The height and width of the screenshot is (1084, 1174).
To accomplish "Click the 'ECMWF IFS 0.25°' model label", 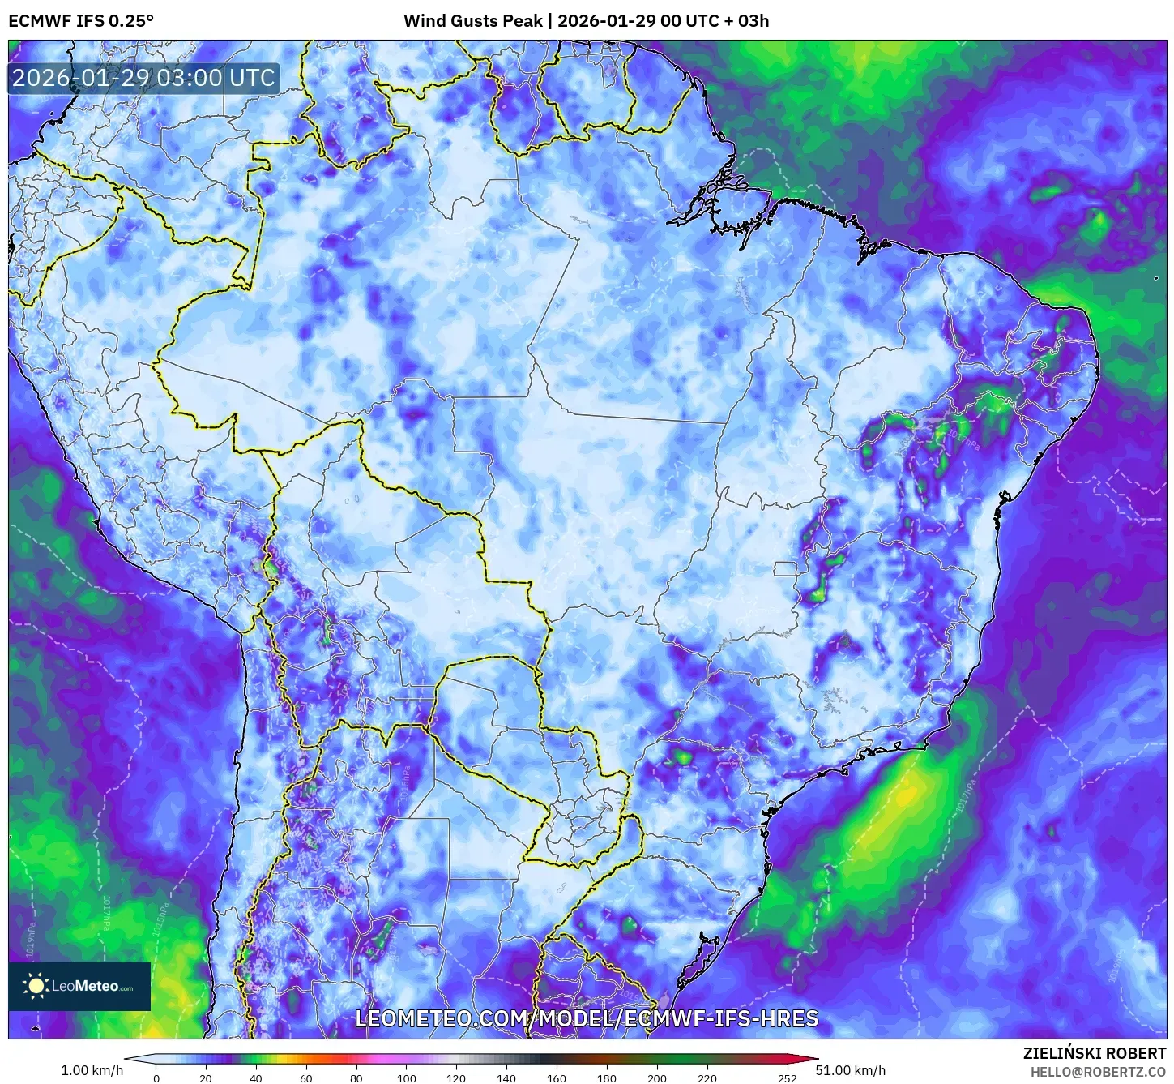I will tap(80, 21).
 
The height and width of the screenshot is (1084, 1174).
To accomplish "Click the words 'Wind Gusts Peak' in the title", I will tap(472, 21).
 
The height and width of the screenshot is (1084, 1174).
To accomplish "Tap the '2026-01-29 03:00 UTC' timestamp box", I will tap(143, 78).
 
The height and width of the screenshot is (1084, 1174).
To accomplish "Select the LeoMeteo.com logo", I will tap(79, 986).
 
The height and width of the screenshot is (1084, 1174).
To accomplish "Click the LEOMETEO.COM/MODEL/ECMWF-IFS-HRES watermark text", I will tap(587, 1018).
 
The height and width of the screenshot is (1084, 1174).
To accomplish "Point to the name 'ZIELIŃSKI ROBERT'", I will tap(1094, 1053).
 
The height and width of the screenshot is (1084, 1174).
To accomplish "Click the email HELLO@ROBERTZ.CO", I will tap(1098, 1072).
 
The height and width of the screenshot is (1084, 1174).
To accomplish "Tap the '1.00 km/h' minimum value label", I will tap(92, 1070).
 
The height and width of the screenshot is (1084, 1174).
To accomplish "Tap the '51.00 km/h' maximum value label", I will tap(850, 1070).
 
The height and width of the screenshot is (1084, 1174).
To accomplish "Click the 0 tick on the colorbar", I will tap(156, 1078).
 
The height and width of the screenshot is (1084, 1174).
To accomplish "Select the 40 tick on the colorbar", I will tap(256, 1078).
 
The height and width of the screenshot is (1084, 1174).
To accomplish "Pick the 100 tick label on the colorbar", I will tap(407, 1078).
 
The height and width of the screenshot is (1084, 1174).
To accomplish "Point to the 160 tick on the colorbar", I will tap(557, 1078).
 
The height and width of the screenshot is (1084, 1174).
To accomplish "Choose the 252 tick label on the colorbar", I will tap(787, 1078).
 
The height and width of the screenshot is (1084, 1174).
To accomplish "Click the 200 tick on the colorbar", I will tap(657, 1078).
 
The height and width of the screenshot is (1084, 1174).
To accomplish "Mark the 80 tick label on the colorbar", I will tap(356, 1078).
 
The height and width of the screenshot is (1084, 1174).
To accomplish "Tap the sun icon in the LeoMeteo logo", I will tap(36, 986).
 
